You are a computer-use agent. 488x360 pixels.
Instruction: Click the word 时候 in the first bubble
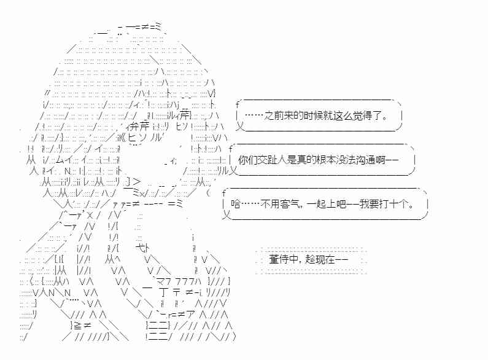click(314, 116)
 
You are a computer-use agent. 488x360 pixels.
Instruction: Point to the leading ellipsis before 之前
click(254, 116)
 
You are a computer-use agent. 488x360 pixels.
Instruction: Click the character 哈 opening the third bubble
click(236, 205)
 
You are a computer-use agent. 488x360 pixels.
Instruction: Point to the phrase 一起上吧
click(326, 205)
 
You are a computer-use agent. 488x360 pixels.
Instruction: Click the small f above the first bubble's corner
click(238, 104)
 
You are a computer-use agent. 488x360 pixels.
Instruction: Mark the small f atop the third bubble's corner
click(224, 193)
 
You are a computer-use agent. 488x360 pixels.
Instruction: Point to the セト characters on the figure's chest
click(143, 248)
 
